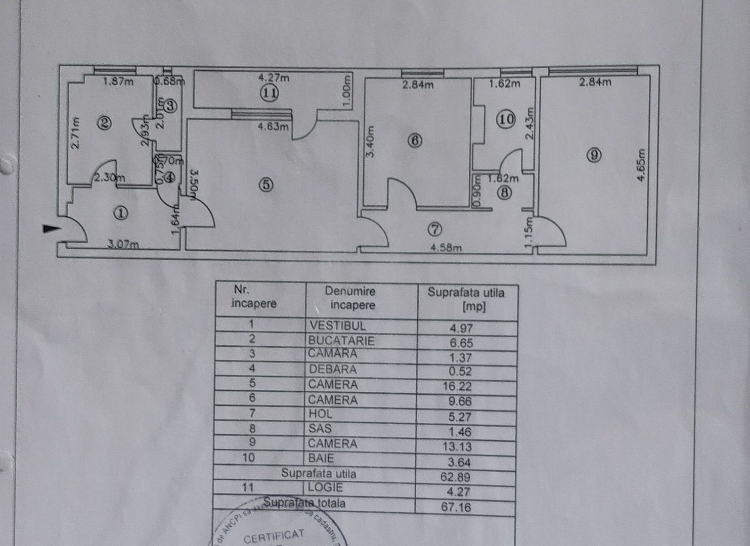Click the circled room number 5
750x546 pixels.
(266, 185)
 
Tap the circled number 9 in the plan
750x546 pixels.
(594, 155)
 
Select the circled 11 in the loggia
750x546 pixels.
(269, 93)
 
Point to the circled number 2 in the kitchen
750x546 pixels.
(105, 123)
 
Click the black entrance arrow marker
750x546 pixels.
(51, 229)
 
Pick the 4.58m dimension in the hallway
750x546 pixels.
(446, 248)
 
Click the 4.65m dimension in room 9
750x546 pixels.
(641, 165)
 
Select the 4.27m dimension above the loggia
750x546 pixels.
(274, 77)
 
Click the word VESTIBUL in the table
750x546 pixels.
(337, 326)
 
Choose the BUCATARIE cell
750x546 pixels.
(341, 341)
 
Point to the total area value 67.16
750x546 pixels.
(456, 507)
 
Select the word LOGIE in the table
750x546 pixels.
(326, 488)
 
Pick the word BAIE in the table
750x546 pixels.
(321, 459)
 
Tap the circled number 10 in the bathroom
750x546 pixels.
(506, 119)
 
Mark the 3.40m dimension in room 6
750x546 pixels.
(370, 142)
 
